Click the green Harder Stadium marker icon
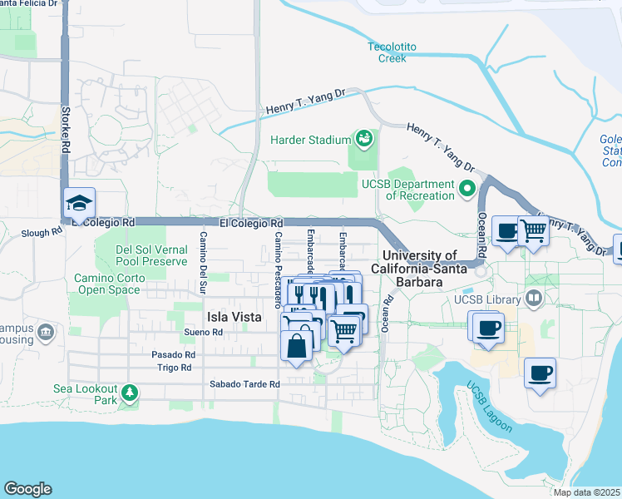tap(363, 137)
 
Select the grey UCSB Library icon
tap(534, 299)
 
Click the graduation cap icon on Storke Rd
tap(81, 203)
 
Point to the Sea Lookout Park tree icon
tap(129, 392)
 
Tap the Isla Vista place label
tap(234, 317)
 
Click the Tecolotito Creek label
tap(387, 52)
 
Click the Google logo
tap(27, 489)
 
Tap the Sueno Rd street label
tap(205, 332)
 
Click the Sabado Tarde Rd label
tap(245, 384)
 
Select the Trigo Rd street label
tap(175, 367)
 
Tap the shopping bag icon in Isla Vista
tap(297, 345)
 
